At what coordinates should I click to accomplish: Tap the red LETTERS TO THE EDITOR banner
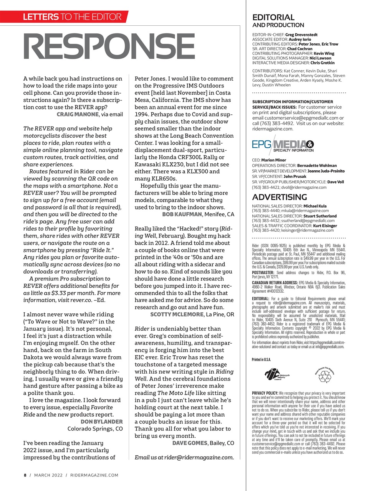72,16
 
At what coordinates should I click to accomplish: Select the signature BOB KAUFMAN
182,214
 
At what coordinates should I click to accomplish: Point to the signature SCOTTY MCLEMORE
176,314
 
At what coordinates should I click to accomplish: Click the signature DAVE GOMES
190,443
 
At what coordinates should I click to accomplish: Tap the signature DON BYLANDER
101,422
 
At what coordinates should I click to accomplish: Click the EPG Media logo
283,146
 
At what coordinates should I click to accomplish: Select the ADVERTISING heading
279,197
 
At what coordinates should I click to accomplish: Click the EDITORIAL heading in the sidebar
273,17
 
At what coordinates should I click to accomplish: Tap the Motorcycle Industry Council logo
277,374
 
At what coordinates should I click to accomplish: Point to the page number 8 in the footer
25,475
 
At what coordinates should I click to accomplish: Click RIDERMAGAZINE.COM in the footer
94,475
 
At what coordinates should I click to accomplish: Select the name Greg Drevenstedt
301,35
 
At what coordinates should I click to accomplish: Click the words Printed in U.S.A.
261,359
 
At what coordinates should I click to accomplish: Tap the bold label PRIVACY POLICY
265,393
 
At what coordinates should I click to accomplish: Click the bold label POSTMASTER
263,272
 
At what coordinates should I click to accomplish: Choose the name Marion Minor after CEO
273,160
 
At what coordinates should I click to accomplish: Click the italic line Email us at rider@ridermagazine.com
184,457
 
